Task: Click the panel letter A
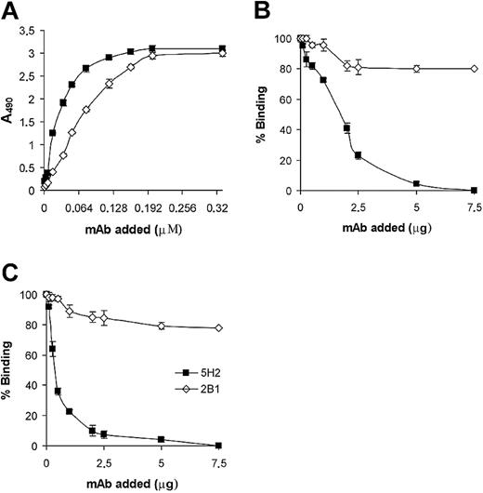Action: pos(11,11)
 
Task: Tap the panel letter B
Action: pos(258,11)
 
